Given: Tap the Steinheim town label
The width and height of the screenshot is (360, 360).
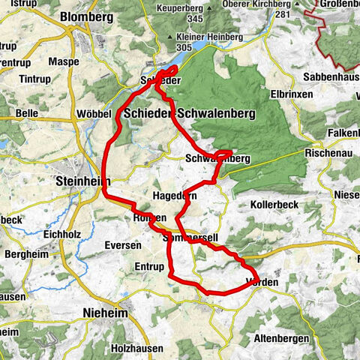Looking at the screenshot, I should click(82, 181).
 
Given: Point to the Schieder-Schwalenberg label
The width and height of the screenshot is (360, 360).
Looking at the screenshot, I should click(189, 112).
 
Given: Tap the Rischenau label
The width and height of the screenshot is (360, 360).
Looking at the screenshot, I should click(324, 152).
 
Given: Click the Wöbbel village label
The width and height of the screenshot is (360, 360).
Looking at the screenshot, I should click(94, 113).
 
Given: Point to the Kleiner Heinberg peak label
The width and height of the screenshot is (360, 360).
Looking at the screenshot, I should click(204, 37).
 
